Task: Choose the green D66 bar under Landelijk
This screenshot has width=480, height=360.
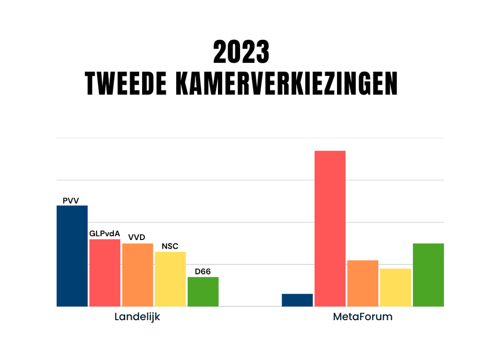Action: point(203,291)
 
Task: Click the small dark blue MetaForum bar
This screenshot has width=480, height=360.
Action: point(297,300)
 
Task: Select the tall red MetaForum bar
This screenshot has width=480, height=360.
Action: point(330,228)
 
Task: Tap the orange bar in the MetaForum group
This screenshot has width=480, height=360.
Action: point(362,283)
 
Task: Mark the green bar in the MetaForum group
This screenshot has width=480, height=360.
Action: point(428,275)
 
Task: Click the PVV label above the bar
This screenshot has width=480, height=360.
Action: point(71,201)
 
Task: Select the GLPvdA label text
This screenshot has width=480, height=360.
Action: point(105,234)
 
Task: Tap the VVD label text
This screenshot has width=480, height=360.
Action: point(136,238)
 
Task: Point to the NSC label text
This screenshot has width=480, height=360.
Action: point(170,246)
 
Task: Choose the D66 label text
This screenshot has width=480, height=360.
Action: point(203,272)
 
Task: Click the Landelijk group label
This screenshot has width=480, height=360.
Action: point(137,317)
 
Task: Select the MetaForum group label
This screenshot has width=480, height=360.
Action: point(362,317)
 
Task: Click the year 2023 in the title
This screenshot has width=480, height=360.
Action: point(241,52)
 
